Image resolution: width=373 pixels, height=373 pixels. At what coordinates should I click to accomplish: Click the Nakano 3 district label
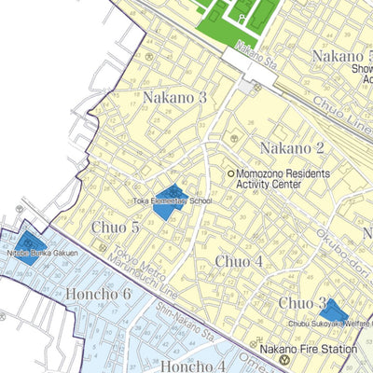coord(174,98)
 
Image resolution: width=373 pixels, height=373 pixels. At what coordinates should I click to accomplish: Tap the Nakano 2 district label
coord(292,148)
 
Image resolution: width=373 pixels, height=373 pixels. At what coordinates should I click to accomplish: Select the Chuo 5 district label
coord(116,227)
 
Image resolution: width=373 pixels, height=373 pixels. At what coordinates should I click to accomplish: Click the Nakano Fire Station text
coord(309,349)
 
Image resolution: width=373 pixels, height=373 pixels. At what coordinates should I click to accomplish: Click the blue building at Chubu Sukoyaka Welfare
coord(333,312)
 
